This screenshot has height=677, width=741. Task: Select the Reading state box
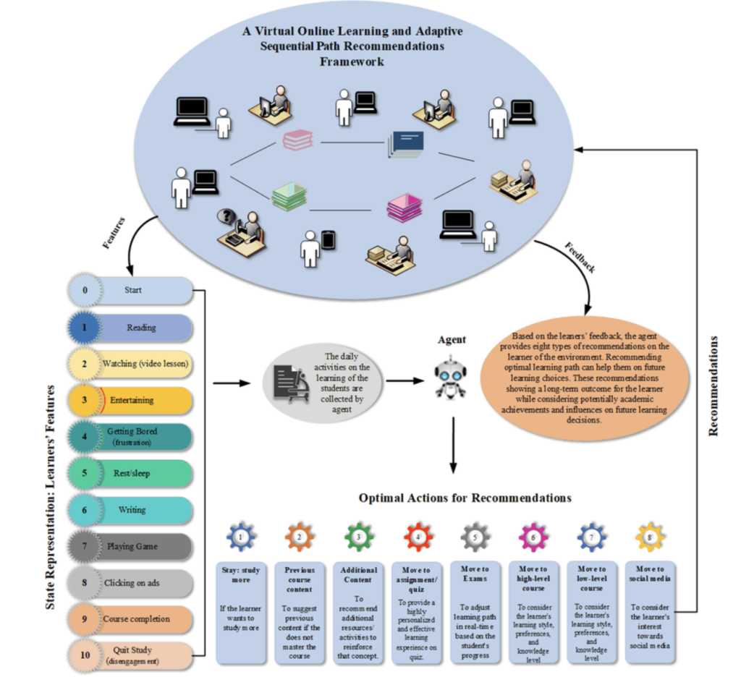pos(140,328)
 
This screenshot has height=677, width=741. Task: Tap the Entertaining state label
pos(142,401)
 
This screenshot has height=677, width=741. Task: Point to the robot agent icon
pos(451,378)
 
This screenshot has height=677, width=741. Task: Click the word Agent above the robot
pos(452,339)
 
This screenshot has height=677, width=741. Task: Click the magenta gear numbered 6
pos(533,537)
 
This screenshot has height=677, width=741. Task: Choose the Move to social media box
pos(650,612)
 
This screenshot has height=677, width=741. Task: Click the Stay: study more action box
pos(242,612)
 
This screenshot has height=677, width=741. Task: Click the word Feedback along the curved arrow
pos(580,258)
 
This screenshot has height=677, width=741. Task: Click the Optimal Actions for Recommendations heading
pos(465,498)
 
